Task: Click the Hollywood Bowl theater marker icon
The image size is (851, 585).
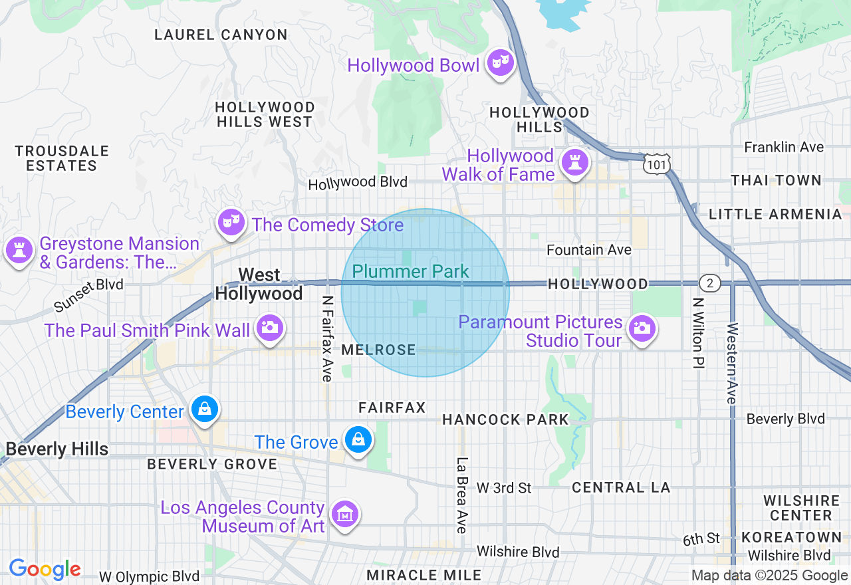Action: coord(499,64)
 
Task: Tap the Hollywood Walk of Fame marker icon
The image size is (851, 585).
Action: coord(574,162)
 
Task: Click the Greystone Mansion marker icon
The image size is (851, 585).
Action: coord(19,251)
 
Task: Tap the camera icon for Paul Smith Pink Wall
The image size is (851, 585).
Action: coord(269,327)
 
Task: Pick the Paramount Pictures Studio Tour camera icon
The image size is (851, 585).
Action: coord(642,328)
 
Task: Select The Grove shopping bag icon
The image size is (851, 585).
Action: coord(358,439)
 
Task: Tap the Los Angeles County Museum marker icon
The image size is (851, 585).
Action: coord(345,514)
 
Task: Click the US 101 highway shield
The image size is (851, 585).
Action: coord(657,163)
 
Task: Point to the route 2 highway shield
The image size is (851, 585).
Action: coord(710,284)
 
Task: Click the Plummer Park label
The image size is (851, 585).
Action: coord(410,271)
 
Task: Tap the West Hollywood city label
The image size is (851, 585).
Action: coord(259,284)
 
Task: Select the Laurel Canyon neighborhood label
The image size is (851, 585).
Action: coord(221,35)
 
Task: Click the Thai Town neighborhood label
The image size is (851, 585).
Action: coord(776,180)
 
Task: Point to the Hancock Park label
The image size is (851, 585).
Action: coord(505,419)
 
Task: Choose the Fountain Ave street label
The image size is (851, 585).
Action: coord(588,250)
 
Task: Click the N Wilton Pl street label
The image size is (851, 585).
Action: coord(697,334)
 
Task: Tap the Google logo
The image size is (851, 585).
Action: coord(45,569)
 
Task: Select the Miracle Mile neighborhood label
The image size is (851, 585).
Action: coord(424,574)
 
